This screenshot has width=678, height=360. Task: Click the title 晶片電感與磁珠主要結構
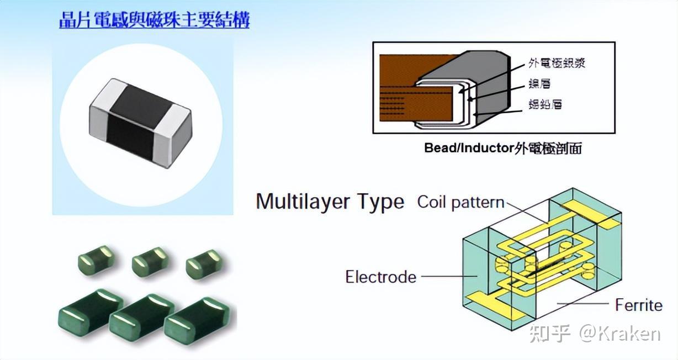tap(154, 20)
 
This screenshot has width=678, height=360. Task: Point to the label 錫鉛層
tap(545, 104)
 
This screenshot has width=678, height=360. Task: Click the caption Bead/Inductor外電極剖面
tap(502, 148)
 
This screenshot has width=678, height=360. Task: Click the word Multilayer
tap(304, 202)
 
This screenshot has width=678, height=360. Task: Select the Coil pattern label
tap(460, 202)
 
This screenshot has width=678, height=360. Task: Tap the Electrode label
tap(380, 276)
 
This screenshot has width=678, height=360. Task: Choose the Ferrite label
tap(638, 304)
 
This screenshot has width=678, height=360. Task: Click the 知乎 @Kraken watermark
tap(594, 333)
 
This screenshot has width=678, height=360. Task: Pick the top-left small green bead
tap(96, 259)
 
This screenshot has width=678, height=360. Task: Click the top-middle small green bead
tap(149, 261)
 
